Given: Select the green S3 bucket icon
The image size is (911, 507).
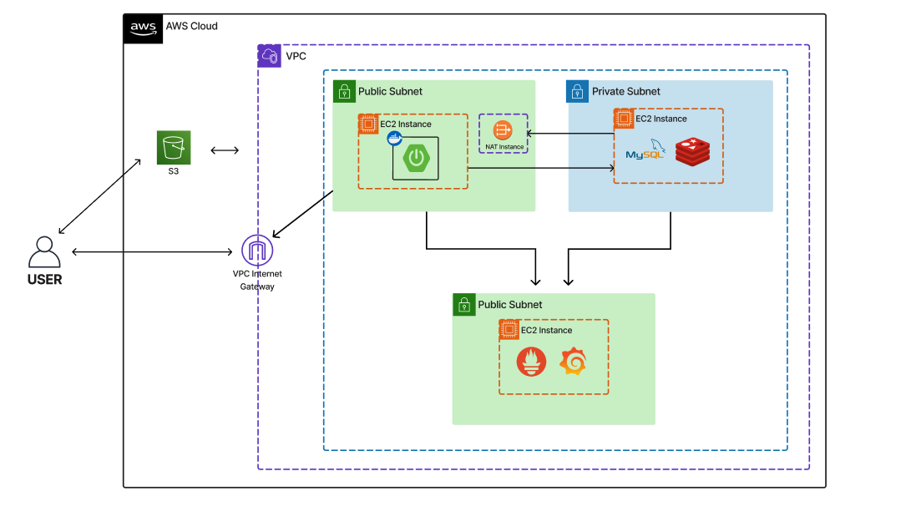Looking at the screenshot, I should pos(174,147).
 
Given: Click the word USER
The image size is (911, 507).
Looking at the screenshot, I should pos(44,280).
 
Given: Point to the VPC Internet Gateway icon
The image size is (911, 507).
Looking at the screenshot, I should pos(257,251).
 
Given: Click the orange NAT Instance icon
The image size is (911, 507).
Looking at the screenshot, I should pos(503,130).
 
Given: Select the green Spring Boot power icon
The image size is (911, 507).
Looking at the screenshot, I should pos(416,159).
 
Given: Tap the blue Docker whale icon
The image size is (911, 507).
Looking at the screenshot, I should pos(394,139).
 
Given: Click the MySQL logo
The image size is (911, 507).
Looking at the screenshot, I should pos(644,151).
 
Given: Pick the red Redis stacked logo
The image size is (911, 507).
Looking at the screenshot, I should pos(692,151).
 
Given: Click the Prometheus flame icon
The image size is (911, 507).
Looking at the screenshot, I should pos(532,362).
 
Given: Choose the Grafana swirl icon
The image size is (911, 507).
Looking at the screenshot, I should pos(573,362).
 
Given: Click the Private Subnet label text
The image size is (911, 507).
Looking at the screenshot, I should pos(626,92).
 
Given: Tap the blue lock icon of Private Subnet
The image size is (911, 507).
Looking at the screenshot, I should pos(577,91).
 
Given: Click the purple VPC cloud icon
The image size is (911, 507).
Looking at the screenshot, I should pos(269,56).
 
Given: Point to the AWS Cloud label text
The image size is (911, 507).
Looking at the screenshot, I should pos(192,26).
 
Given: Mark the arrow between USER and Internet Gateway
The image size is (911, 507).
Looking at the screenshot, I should pos(151,251).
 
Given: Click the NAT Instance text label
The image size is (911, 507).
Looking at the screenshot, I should pos(504,147).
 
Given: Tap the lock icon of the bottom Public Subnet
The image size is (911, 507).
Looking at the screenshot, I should pos(463,305).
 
